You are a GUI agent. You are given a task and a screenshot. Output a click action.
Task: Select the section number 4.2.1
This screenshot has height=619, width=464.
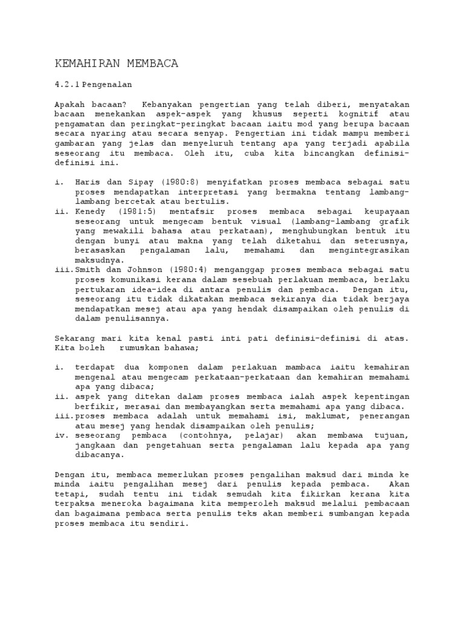67,84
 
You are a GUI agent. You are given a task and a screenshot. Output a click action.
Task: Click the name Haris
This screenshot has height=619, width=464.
88,182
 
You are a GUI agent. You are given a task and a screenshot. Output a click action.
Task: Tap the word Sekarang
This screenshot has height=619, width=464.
75,339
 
